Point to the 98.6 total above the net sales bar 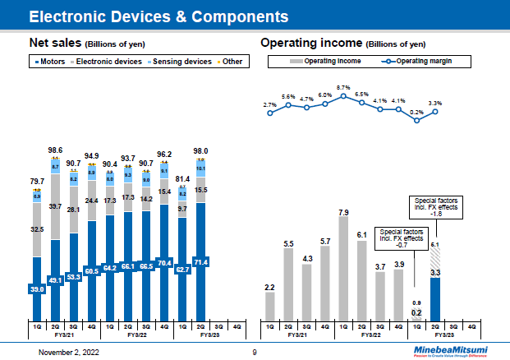pos(55,150)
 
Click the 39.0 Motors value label pos(37,289)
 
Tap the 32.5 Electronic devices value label pos(37,231)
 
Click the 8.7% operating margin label pos(343,86)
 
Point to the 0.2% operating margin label pos(417,112)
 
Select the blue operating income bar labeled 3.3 pos(436,299)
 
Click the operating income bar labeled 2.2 pos(270,305)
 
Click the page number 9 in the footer pos(255,351)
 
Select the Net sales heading pos(53,42)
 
